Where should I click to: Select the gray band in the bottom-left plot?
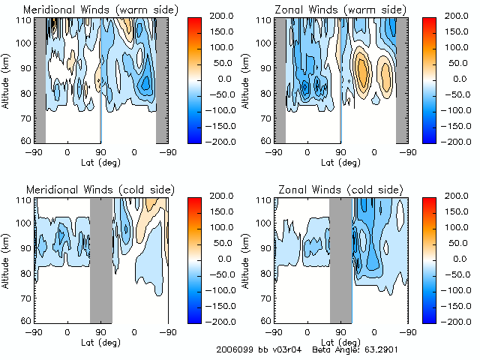pos(100,259)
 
